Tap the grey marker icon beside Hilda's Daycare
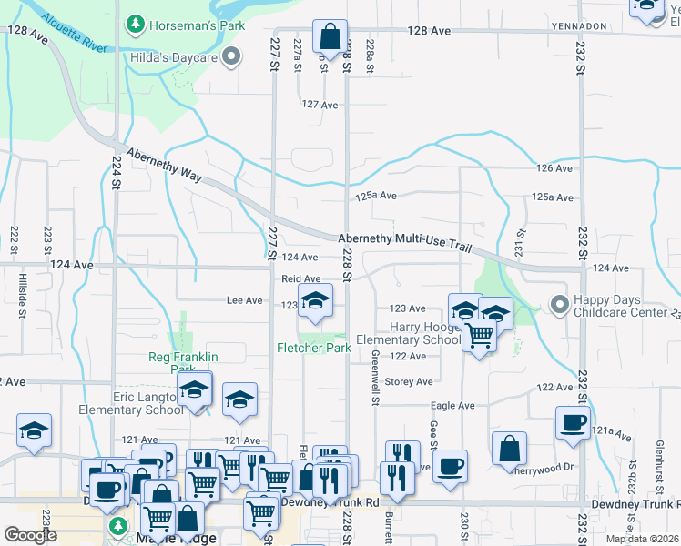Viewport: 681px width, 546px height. tap(231, 58)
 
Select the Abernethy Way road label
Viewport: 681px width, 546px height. tap(164, 165)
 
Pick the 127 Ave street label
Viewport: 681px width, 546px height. tap(320, 105)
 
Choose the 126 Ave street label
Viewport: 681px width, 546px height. tap(554, 168)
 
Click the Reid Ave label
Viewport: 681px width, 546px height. tap(300, 279)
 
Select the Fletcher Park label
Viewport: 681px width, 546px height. tap(314, 348)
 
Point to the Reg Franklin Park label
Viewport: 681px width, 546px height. tap(184, 362)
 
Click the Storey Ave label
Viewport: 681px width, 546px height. tap(405, 382)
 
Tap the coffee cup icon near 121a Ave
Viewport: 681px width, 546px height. tap(573, 422)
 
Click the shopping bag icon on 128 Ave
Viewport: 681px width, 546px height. tap(329, 37)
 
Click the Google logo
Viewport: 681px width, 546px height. tap(30, 534)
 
